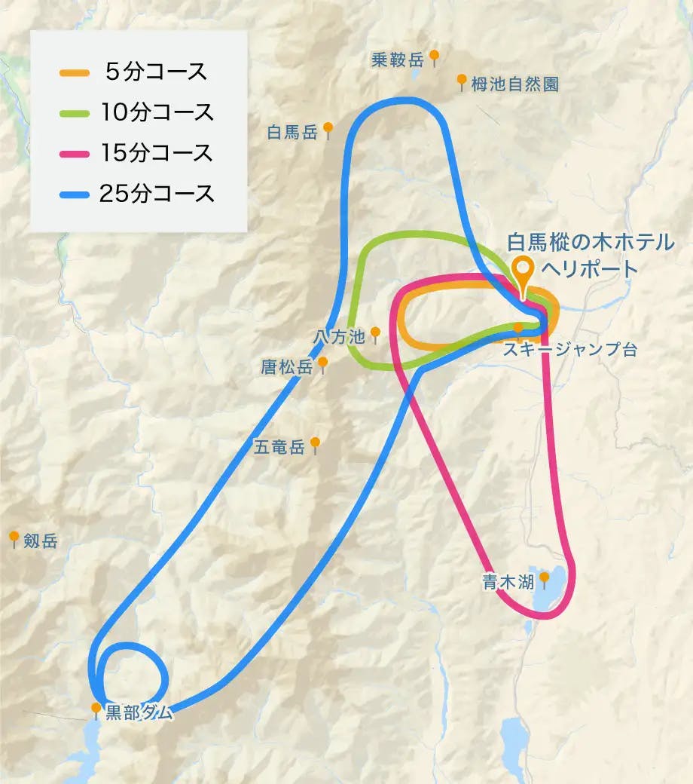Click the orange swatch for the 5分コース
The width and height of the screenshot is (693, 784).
click(x=76, y=73)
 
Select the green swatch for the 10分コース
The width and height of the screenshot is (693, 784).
click(x=76, y=113)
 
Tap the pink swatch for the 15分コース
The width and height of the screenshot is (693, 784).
click(x=76, y=153)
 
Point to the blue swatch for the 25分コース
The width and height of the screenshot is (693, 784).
click(x=76, y=194)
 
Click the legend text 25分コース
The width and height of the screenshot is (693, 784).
click(x=157, y=194)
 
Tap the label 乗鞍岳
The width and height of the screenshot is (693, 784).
click(x=398, y=60)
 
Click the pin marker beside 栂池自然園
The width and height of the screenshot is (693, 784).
click(x=461, y=81)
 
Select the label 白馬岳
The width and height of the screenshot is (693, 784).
click(x=292, y=133)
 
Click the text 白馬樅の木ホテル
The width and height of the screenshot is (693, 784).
click(x=589, y=243)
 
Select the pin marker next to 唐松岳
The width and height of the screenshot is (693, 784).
click(x=323, y=364)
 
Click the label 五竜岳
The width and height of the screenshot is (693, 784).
click(x=279, y=447)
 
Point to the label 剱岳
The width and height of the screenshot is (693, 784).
click(x=40, y=541)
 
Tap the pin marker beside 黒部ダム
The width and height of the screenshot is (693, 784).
click(x=96, y=709)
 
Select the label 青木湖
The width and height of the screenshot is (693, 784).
click(x=508, y=581)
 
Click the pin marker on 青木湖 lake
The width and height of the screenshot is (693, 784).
click(x=544, y=578)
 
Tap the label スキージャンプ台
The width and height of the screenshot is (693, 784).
click(x=569, y=350)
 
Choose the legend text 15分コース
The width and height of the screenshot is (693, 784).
click(x=157, y=153)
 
